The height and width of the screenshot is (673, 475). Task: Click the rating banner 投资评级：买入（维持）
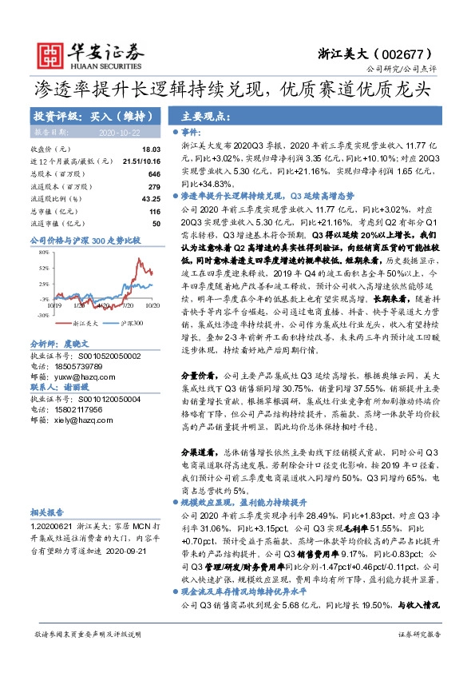[88, 115]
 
